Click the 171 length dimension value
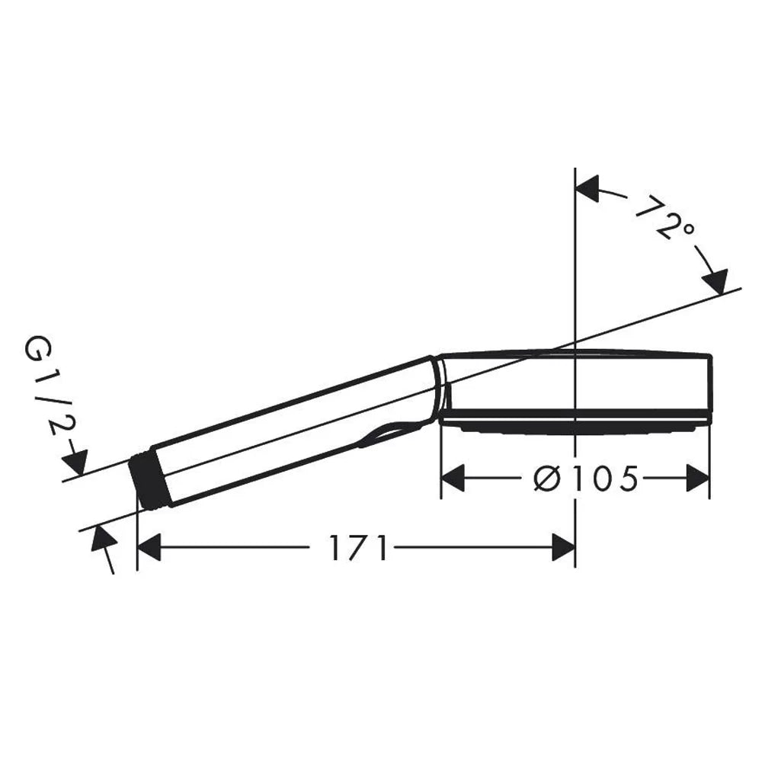pyautogui.click(x=359, y=548)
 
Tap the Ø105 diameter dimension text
pyautogui.click(x=585, y=479)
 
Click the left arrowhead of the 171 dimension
pyautogui.click(x=149, y=547)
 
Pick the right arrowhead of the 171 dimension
pyautogui.click(x=564, y=547)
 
